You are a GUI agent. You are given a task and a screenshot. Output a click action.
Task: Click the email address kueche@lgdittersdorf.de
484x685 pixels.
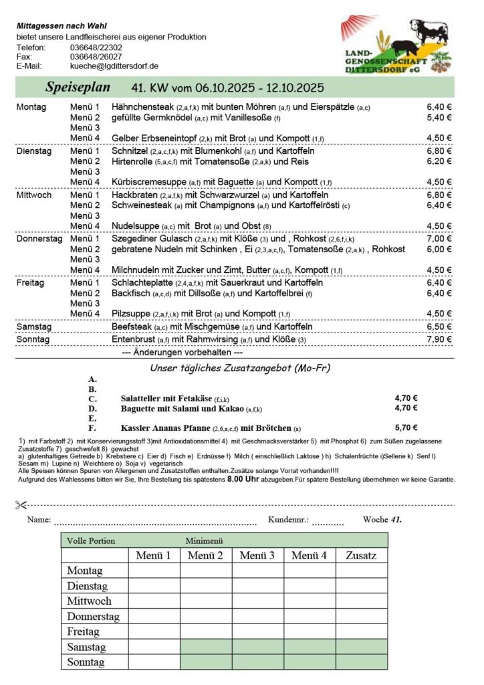pyautogui.click(x=114, y=66)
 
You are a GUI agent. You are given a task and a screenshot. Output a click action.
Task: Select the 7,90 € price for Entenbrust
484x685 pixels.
pyautogui.click(x=439, y=339)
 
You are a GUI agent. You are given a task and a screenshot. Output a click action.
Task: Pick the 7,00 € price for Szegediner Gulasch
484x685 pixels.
pyautogui.click(x=439, y=238)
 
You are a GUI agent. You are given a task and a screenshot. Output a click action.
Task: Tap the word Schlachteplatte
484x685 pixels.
pyautogui.click(x=142, y=282)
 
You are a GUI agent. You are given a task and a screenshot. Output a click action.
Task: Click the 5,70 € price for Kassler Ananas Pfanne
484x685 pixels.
pyautogui.click(x=406, y=427)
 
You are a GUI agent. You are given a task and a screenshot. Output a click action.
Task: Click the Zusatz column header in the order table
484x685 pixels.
pyautogui.click(x=362, y=555)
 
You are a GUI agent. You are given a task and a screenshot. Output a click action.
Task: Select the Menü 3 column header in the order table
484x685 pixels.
pyautogui.click(x=258, y=555)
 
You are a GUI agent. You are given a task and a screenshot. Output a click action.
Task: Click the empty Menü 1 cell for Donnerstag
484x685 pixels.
pyautogui.click(x=154, y=616)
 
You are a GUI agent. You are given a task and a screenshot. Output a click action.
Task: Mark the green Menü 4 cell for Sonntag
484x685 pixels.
pyautogui.click(x=310, y=662)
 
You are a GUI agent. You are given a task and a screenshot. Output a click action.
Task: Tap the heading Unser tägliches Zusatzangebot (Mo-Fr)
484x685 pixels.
pyautogui.click(x=240, y=368)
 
